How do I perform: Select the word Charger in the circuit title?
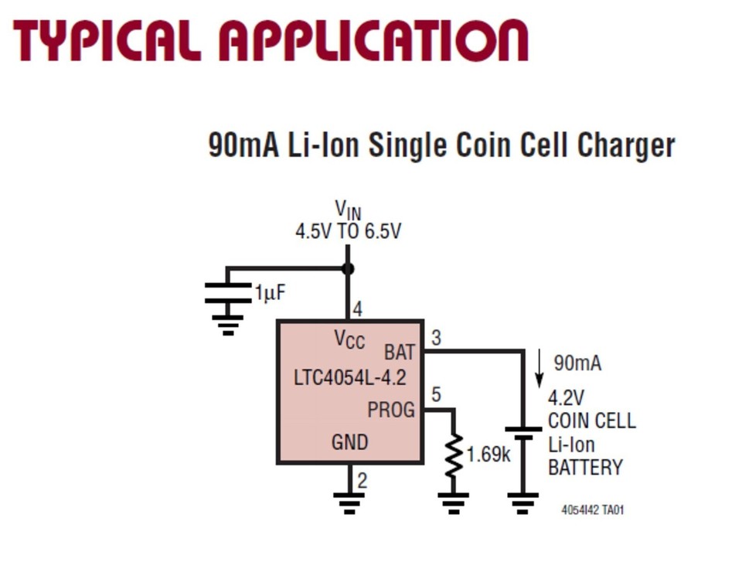[x=626, y=145]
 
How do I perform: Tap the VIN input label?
[x=348, y=210]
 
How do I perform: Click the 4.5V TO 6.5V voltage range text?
[x=348, y=231]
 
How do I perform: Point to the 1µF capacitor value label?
[x=271, y=293]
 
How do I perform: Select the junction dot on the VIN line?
[x=348, y=268]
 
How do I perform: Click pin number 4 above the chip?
[x=357, y=310]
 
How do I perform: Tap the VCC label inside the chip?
[x=349, y=339]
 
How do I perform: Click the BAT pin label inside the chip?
[x=400, y=353]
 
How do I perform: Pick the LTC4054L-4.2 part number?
[x=349, y=379]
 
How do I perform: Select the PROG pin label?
[x=391, y=410]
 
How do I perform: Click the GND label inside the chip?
[x=349, y=442]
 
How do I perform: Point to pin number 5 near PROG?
[x=436, y=395]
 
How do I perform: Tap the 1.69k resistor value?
[x=488, y=455]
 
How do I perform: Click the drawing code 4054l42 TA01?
[x=592, y=510]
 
